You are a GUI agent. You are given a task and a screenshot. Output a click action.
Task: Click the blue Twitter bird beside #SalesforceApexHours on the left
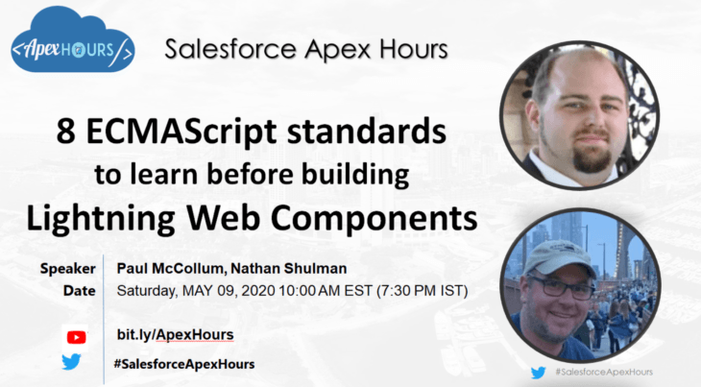(x=72, y=363)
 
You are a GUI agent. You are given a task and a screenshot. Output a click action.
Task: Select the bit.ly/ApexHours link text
(x=175, y=334)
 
